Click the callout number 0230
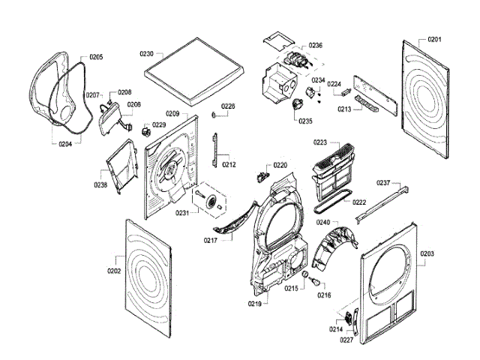[x=146, y=54]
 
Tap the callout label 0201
[x=435, y=39]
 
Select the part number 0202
[x=114, y=271]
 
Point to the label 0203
[x=427, y=253]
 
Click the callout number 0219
[x=255, y=304]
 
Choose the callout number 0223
[x=320, y=142]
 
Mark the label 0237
[x=383, y=183]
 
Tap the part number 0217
[x=210, y=240]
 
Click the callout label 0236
[x=315, y=46]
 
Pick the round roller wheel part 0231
[x=212, y=199]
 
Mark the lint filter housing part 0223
[x=331, y=167]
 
